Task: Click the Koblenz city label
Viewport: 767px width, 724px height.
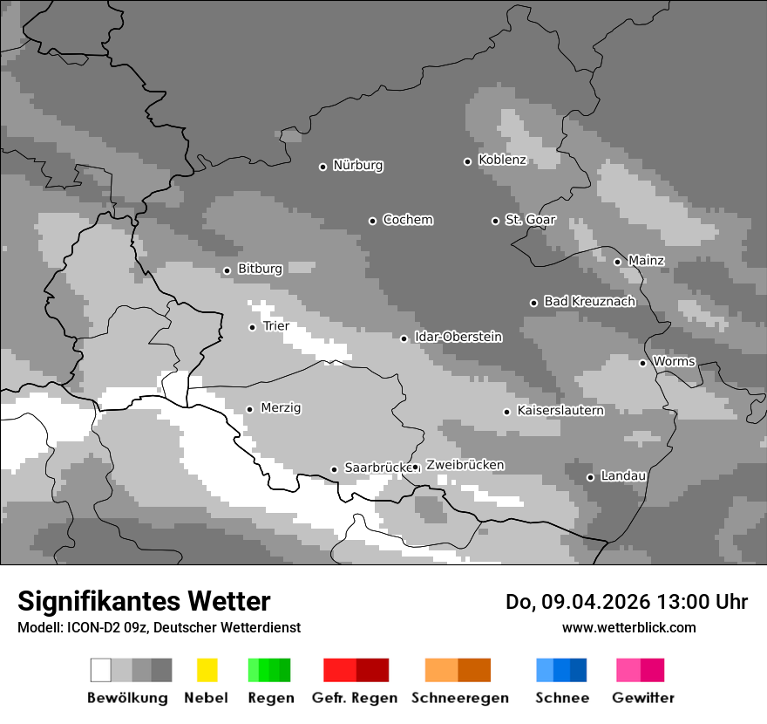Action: click(502, 161)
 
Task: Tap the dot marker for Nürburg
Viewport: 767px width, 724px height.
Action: click(322, 167)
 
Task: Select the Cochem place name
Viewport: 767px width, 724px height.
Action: click(407, 220)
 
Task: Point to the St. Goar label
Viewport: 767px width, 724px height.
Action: click(530, 220)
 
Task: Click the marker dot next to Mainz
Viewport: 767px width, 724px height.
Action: click(617, 262)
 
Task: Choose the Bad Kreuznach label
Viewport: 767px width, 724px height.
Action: click(589, 301)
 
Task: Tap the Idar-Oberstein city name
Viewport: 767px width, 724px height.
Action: click(458, 337)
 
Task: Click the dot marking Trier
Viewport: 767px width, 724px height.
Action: click(252, 327)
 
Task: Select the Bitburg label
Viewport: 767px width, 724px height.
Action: click(260, 269)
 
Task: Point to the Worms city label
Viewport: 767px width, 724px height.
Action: click(673, 361)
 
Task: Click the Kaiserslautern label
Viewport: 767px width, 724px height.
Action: click(560, 410)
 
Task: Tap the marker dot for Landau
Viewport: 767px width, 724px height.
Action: click(590, 477)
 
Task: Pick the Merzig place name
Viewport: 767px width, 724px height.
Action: click(281, 407)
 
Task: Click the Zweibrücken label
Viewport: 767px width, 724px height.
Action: click(465, 465)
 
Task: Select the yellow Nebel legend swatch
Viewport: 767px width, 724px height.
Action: click(207, 670)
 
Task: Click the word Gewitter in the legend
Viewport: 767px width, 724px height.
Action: click(642, 698)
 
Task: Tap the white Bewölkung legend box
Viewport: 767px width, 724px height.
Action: click(101, 670)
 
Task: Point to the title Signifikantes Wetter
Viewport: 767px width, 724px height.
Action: click(144, 602)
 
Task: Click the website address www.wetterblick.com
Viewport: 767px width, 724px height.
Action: click(628, 627)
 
